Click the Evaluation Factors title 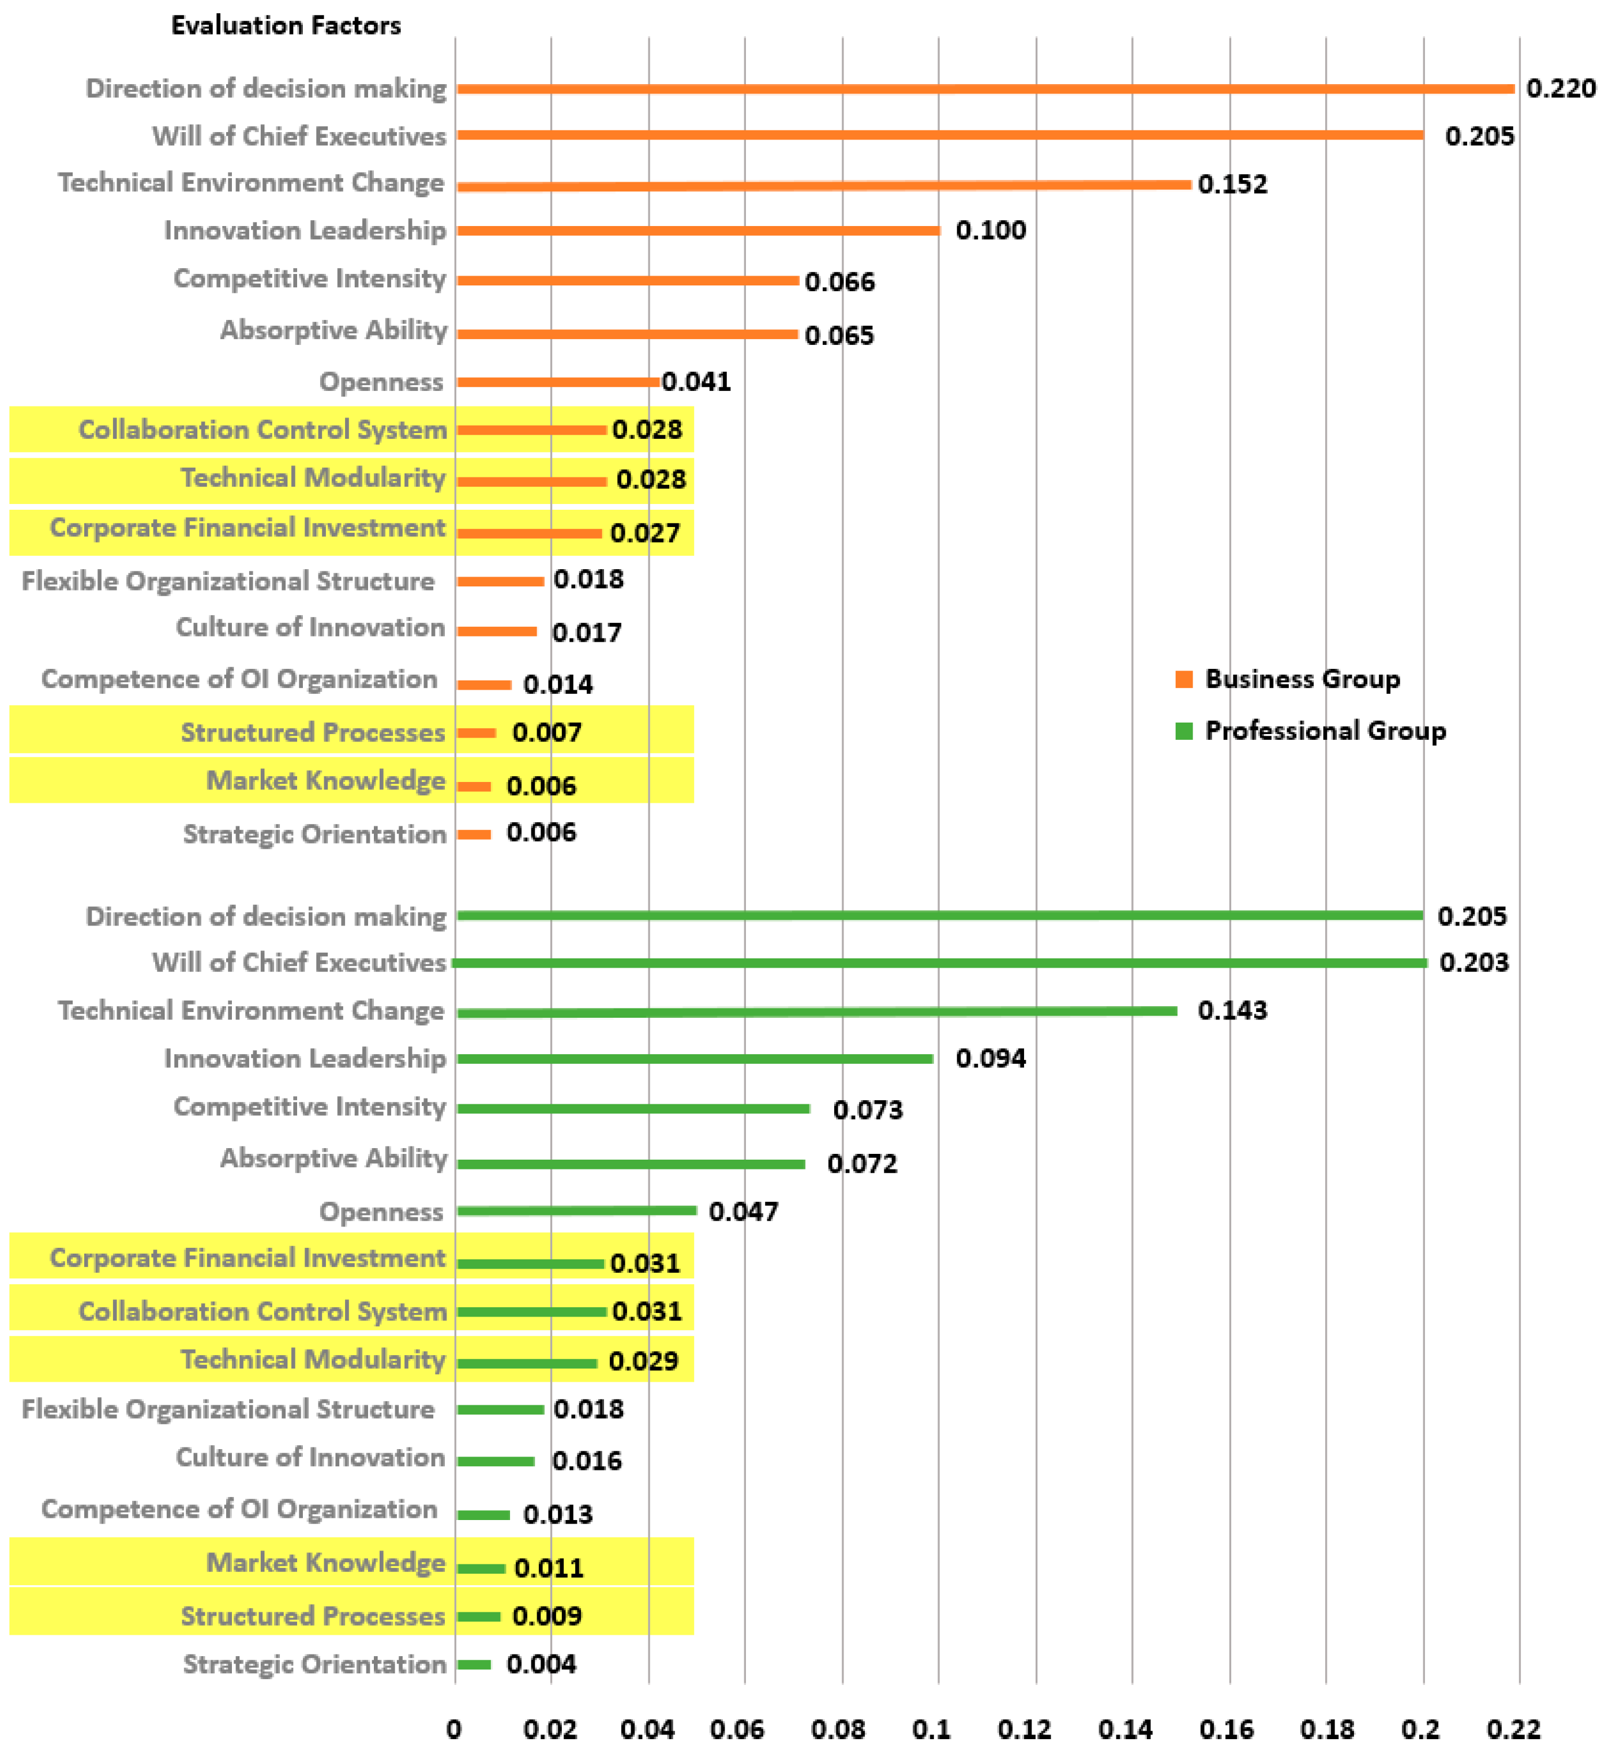(x=286, y=25)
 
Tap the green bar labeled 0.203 (x=939, y=962)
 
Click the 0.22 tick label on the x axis (x=1514, y=1729)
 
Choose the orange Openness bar (x=558, y=382)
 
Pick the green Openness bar (x=576, y=1210)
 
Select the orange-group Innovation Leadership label (x=305, y=231)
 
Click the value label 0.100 (x=991, y=231)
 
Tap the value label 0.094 (x=991, y=1058)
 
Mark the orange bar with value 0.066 (x=627, y=280)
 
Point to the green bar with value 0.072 (x=631, y=1164)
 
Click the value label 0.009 (x=547, y=1616)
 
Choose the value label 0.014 (x=558, y=685)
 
